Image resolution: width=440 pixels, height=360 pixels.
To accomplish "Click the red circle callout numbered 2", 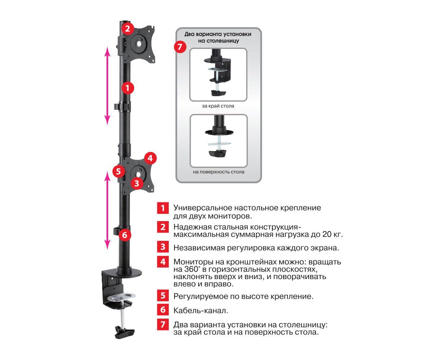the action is coord(127,28).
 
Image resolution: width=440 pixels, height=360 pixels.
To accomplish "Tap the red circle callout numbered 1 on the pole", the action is coord(128,88).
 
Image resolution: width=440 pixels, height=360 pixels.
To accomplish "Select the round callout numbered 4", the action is coord(150,158).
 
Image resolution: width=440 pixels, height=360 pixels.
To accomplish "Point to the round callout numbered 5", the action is coord(118,171).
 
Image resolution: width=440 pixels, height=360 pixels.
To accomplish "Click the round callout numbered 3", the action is coord(137,183).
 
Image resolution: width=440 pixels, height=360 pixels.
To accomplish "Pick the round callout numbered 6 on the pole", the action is coord(124,235).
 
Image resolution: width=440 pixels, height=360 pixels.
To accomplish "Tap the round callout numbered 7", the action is coord(180,46).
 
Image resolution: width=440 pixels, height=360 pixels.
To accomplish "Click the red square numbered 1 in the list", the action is coord(163,208).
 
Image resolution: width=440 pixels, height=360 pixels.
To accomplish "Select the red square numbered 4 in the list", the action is coord(163,261).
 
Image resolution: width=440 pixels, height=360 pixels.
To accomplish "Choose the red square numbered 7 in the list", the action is coord(163,324).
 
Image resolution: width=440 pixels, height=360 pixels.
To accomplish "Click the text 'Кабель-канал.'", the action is coord(201,311).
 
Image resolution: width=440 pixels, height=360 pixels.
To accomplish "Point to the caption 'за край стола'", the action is coord(218,106).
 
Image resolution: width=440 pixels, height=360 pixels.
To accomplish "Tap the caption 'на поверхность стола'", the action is coord(218,172).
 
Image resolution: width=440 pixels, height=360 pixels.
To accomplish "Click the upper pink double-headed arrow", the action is coord(107,86).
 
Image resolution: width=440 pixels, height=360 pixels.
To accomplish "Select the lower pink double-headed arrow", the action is coord(107,211).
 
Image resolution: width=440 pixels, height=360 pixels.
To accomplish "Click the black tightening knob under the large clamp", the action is coord(124,332).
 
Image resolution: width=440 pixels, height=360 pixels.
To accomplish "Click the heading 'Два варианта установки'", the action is coord(218,34).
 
